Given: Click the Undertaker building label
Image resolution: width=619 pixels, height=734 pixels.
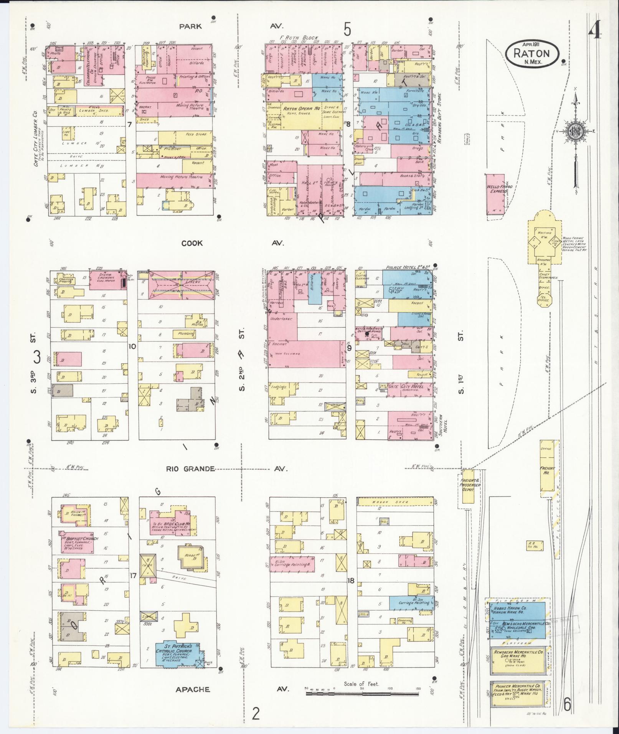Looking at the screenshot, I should coord(281,319).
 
